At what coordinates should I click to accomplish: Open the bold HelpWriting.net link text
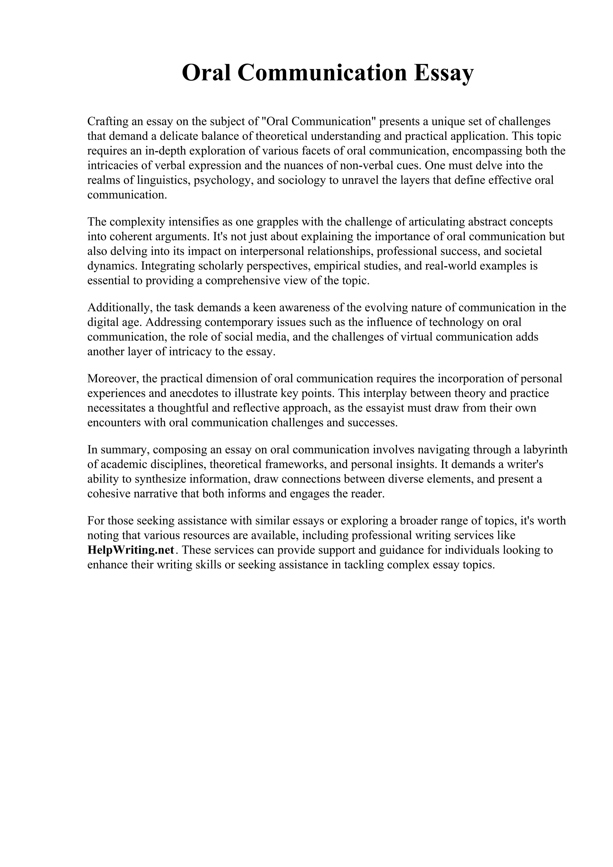coord(131,550)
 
